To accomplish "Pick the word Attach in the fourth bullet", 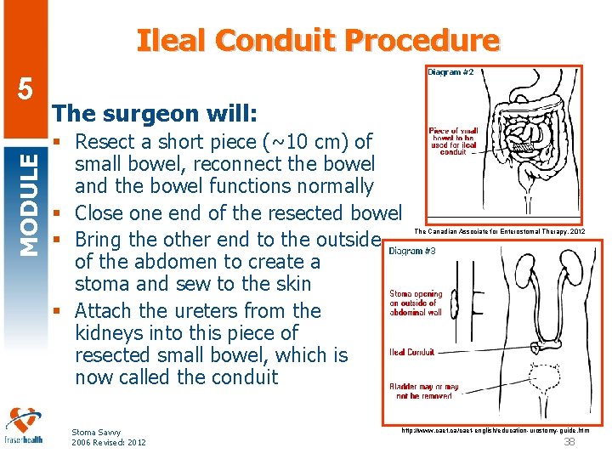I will [108, 311].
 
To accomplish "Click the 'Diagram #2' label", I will [450, 73].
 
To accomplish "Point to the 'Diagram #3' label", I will [412, 251].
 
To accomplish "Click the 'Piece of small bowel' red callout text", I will [453, 141].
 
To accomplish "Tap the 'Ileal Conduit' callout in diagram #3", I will [412, 352].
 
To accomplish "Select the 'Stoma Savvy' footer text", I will [96, 433].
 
